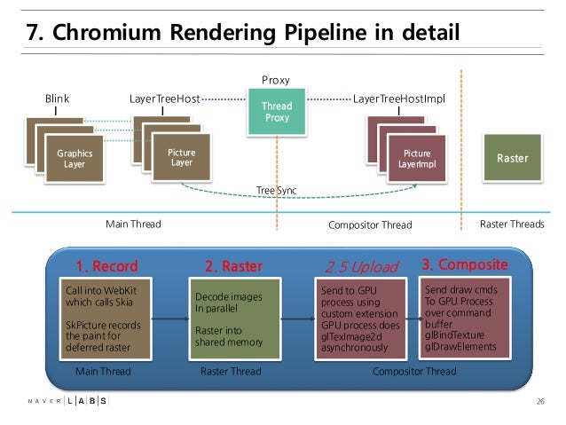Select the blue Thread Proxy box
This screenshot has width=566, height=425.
point(277,113)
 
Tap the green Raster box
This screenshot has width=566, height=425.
point(511,158)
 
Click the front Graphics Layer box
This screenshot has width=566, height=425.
point(75,158)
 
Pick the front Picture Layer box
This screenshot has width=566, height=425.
point(181,157)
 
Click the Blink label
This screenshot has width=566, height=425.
point(57,98)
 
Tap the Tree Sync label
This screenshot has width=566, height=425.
point(276,190)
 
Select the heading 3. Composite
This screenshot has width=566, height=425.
point(463,264)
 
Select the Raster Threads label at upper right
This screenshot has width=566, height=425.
point(511,224)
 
